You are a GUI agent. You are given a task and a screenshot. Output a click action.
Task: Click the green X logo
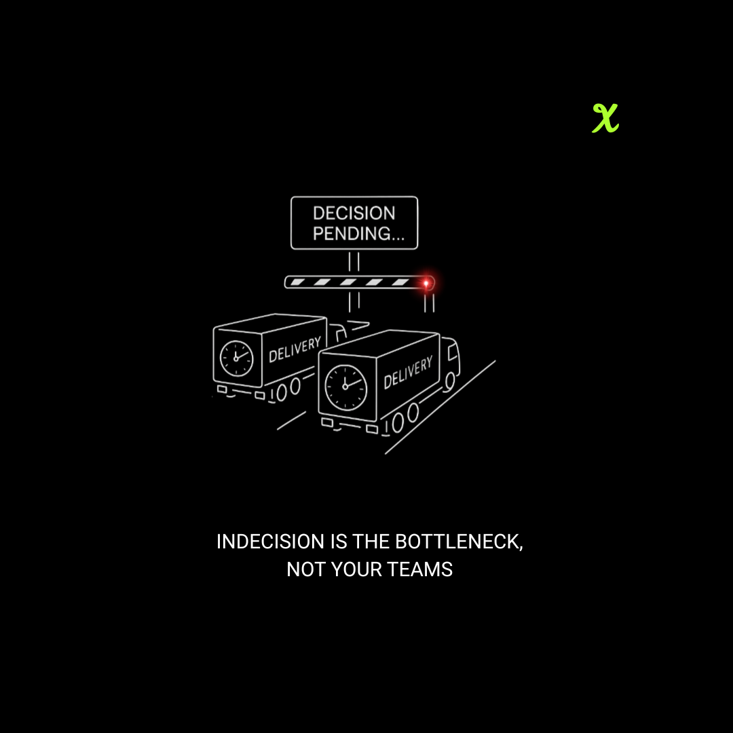(605, 118)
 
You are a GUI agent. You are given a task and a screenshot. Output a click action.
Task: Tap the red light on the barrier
(426, 282)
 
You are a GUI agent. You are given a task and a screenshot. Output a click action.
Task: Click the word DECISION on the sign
(354, 213)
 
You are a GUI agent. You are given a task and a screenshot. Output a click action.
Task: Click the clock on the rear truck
(236, 358)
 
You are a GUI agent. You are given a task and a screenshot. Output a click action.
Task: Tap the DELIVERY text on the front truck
(407, 373)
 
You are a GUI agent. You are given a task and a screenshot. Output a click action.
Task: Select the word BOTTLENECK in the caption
(458, 542)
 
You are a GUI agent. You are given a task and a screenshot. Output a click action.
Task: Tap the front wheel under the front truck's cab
(449, 382)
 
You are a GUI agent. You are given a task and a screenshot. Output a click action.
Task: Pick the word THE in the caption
(372, 542)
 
